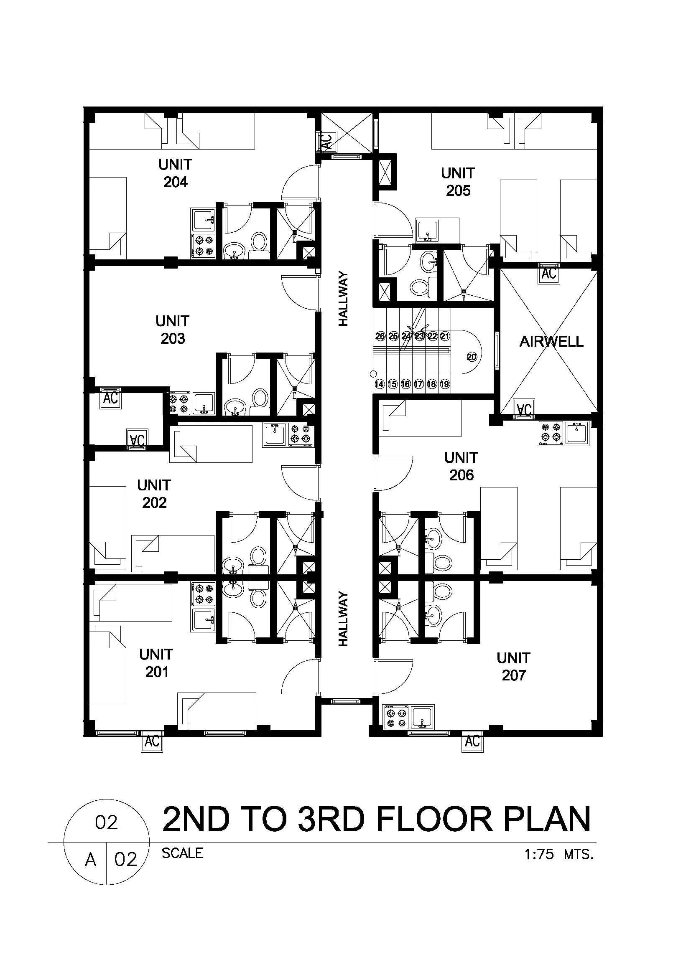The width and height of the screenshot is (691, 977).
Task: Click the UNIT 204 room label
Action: click(175, 173)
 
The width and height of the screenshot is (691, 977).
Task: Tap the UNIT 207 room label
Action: click(513, 666)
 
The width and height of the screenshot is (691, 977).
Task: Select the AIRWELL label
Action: click(551, 342)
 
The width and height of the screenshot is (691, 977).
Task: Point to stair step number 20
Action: click(472, 357)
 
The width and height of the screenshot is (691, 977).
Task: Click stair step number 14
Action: click(379, 384)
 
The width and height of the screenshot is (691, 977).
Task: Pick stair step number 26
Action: click(380, 336)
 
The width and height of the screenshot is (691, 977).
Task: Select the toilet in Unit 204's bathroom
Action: click(258, 246)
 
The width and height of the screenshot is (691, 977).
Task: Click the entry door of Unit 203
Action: click(300, 293)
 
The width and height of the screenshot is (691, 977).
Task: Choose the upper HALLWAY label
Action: click(343, 299)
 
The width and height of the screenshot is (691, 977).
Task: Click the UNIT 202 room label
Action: click(154, 494)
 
